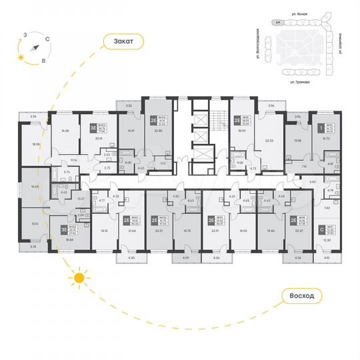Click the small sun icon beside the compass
(21, 57)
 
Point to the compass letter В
(44, 60)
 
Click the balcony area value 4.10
(326, 257)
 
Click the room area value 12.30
(326, 240)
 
